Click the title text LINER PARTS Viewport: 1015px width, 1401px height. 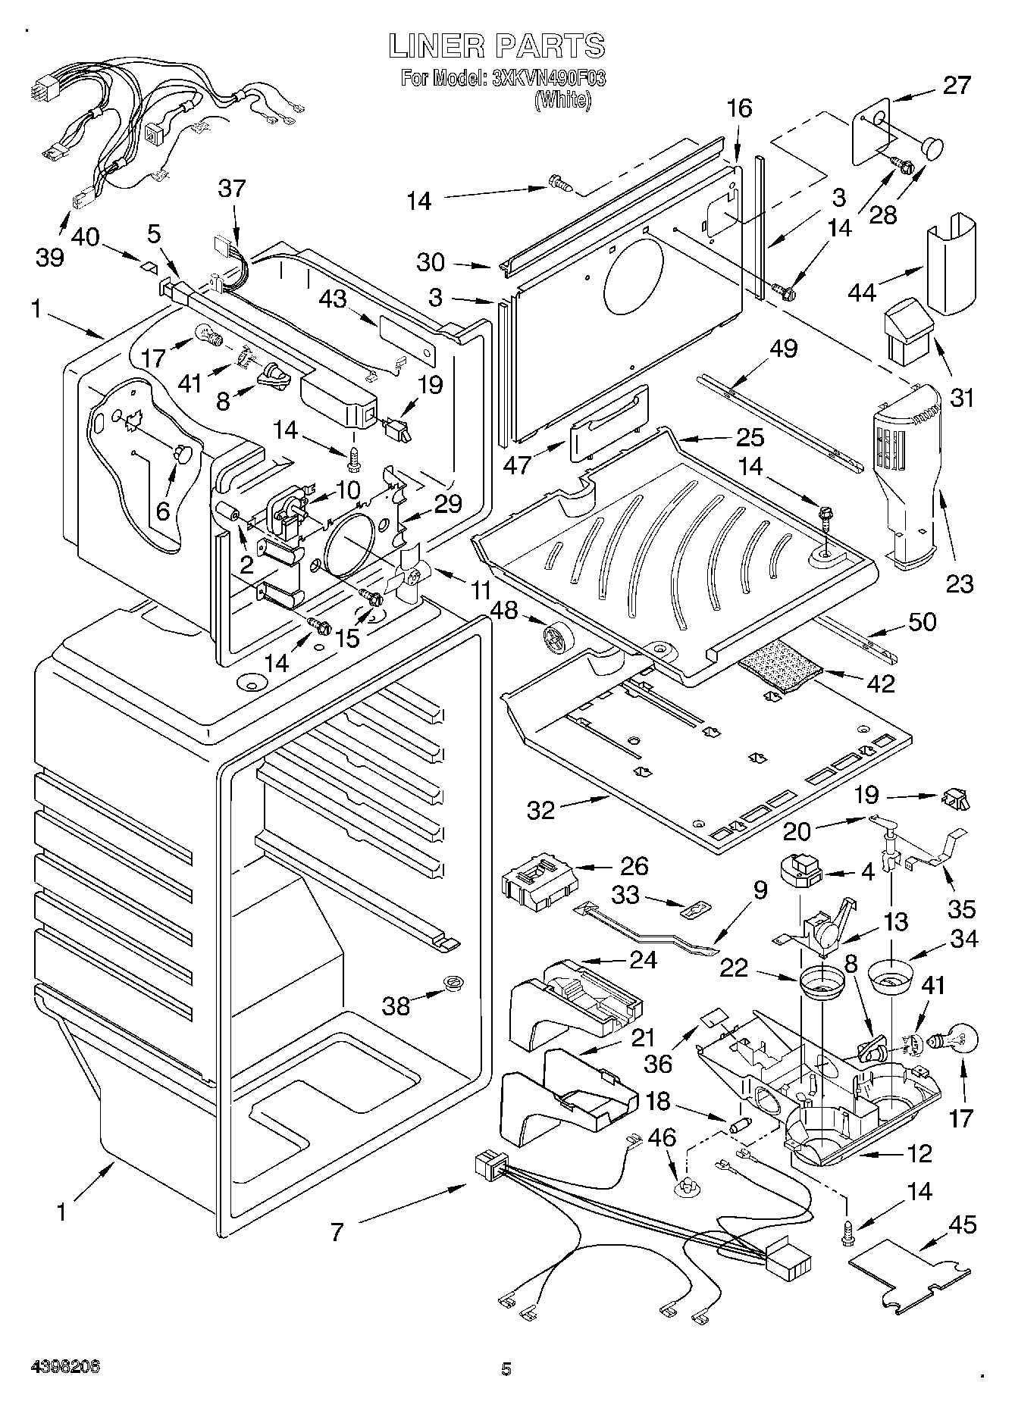[497, 46]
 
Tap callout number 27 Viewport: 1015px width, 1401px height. [956, 85]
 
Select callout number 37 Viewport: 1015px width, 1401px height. [232, 188]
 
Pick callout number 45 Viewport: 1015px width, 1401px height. [962, 1224]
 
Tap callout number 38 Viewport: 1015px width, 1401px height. [396, 1005]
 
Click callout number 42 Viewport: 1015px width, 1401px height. [881, 682]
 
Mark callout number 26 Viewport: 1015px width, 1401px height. [634, 865]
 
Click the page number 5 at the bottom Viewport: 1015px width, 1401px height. [506, 1368]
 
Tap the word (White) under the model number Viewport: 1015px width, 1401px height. [562, 100]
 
